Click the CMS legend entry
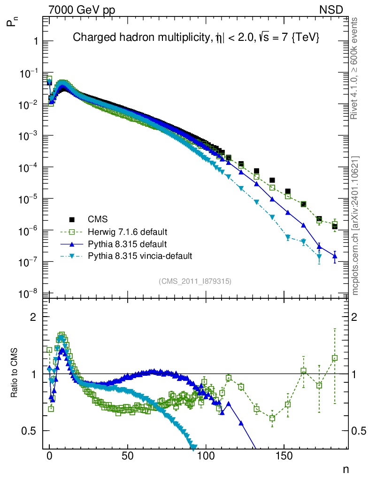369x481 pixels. (98, 219)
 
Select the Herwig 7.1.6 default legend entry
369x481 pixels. (127, 232)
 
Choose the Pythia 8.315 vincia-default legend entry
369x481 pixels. (140, 256)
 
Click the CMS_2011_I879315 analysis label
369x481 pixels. (195, 281)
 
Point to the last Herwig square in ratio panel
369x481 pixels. (335, 358)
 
